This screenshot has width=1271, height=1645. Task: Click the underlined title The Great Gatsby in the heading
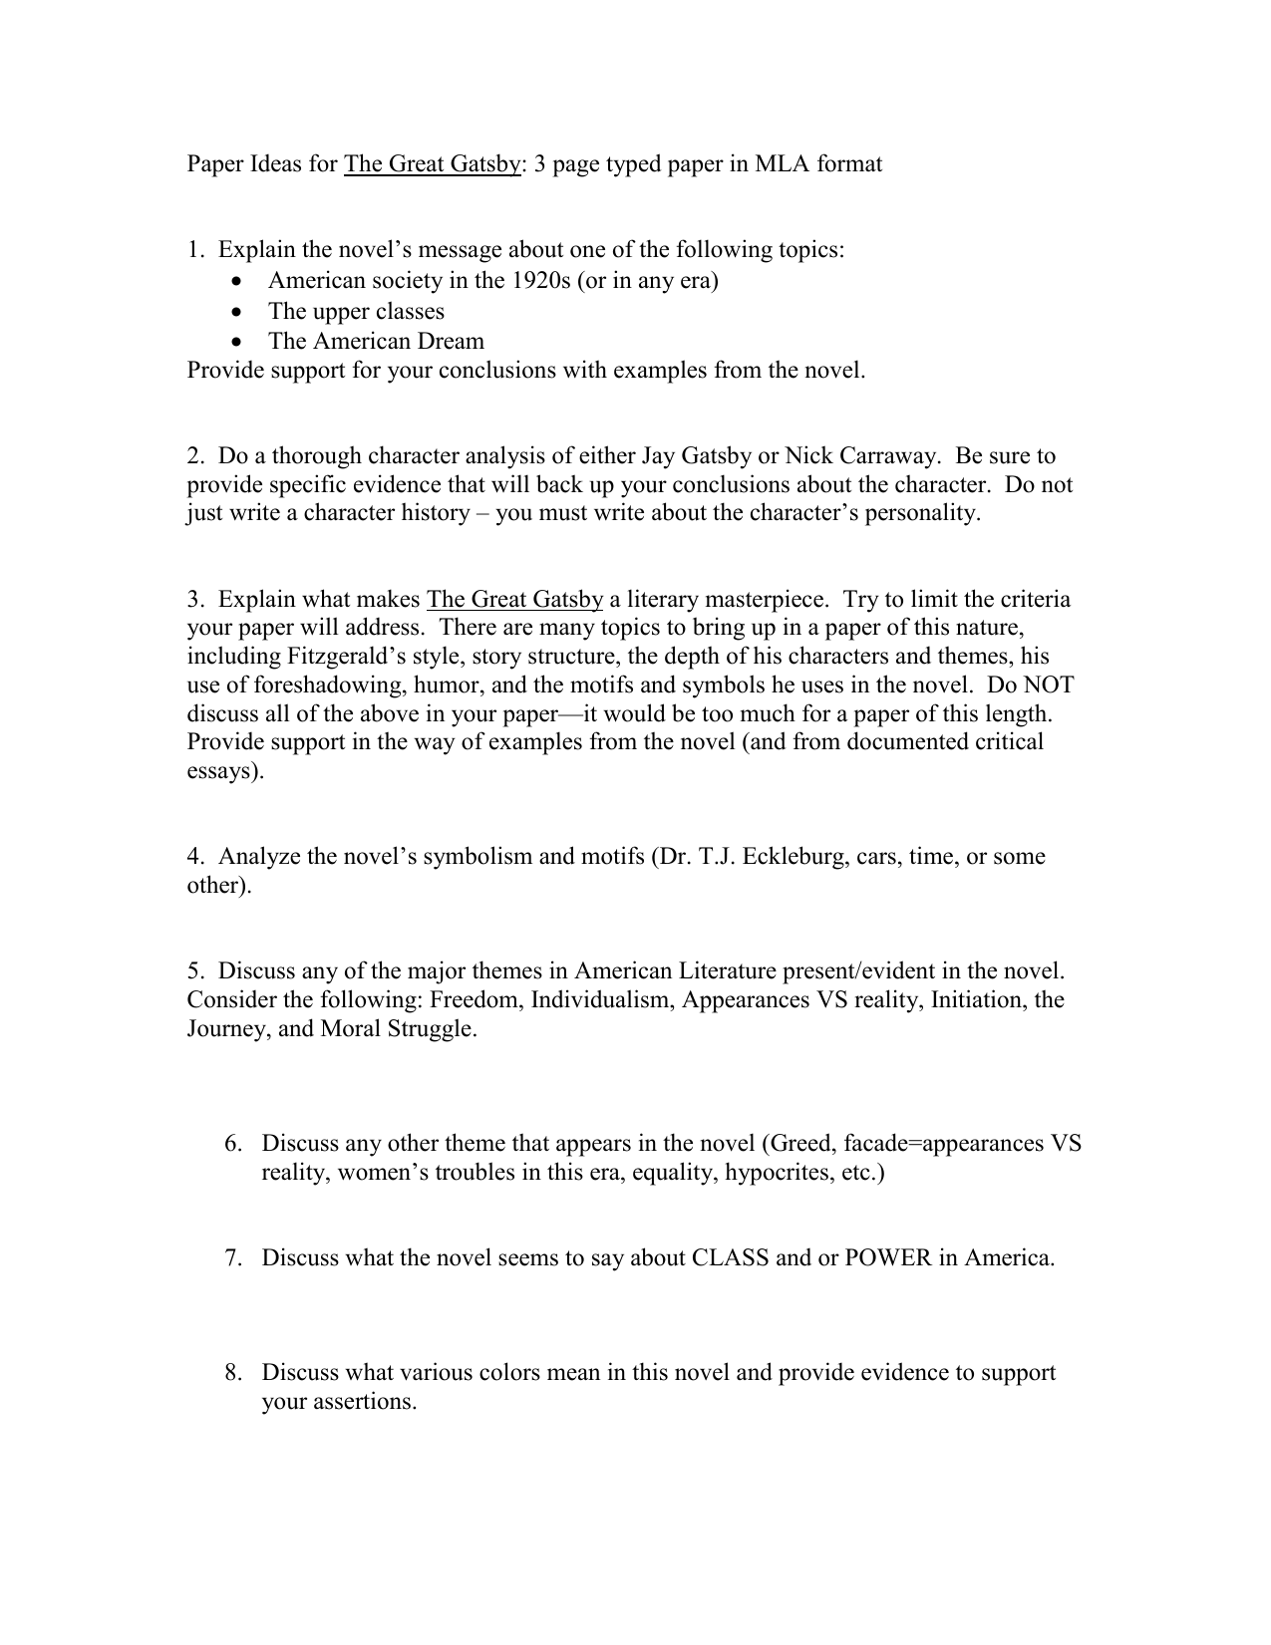[432, 163]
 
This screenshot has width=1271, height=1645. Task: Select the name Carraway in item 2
[889, 456]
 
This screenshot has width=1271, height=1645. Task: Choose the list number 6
[232, 1144]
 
